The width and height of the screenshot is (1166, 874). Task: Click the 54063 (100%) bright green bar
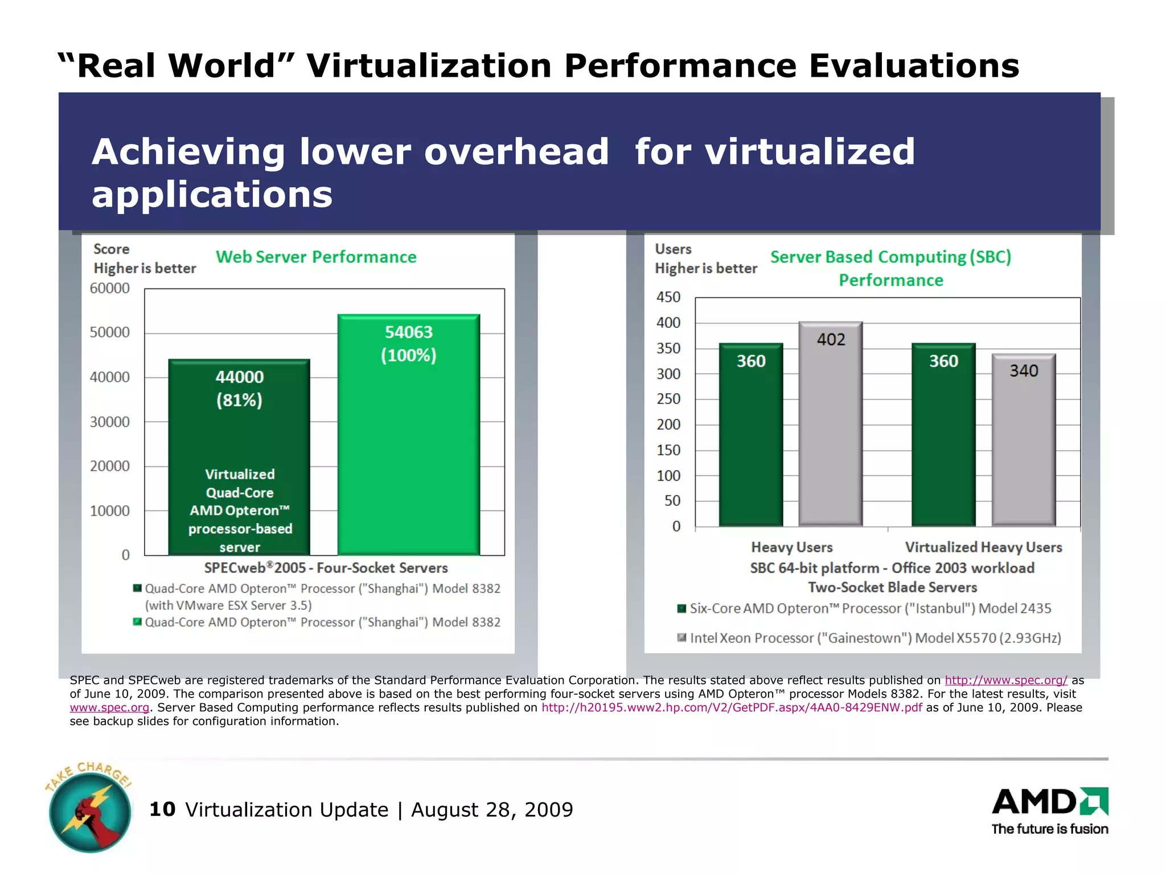click(x=408, y=444)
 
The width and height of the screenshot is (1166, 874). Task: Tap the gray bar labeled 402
click(x=830, y=432)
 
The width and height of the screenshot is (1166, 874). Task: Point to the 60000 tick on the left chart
click(x=110, y=288)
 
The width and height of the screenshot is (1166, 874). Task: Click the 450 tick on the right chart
click(x=668, y=297)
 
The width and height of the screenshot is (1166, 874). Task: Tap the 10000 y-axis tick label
click(x=110, y=511)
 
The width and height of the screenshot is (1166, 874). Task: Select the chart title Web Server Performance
click(x=316, y=257)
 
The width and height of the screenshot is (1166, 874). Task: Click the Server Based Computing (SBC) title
click(x=890, y=257)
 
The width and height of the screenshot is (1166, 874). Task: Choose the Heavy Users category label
click(x=791, y=547)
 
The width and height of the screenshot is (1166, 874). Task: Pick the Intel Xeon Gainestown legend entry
click(x=874, y=638)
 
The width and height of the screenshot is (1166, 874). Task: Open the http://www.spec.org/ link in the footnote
click(x=1005, y=681)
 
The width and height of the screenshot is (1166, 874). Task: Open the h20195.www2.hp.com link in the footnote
click(x=731, y=708)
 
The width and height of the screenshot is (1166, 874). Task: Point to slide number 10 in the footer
click(x=162, y=809)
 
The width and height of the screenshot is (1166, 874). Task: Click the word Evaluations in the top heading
click(x=913, y=65)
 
